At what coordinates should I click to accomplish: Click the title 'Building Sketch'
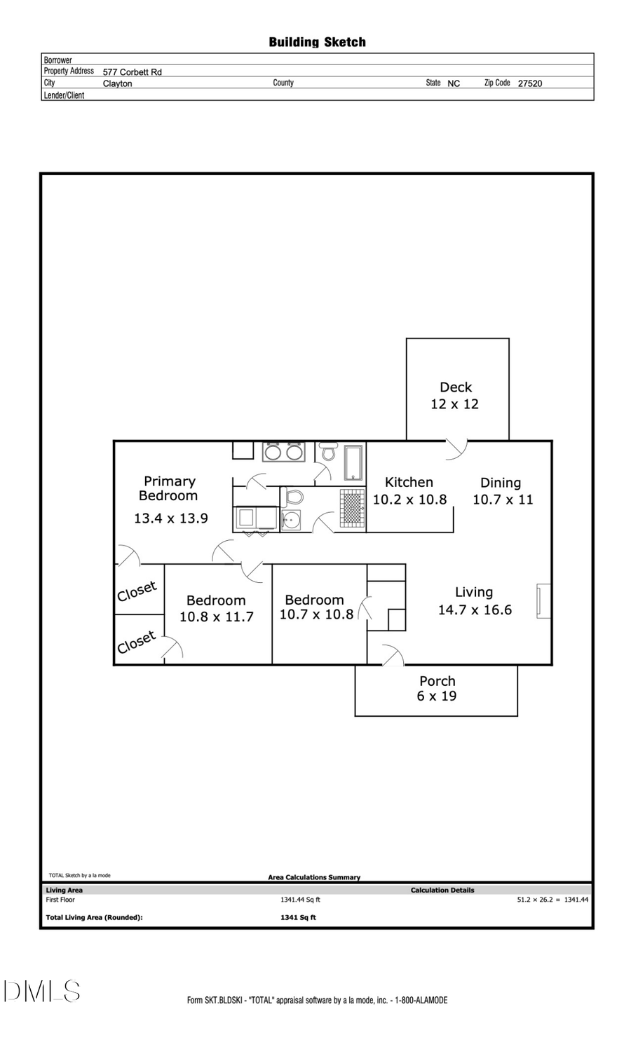pyautogui.click(x=317, y=42)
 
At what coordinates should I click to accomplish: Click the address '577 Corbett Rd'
pyautogui.click(x=132, y=72)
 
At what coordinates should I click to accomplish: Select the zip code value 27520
pyautogui.click(x=529, y=83)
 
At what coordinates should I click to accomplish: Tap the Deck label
pyautogui.click(x=456, y=387)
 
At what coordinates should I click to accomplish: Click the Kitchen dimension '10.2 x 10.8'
pyautogui.click(x=409, y=500)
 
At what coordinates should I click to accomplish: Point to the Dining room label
pyautogui.click(x=501, y=483)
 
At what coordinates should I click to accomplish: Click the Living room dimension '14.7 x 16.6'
pyautogui.click(x=475, y=610)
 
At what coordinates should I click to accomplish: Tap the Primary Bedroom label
pyautogui.click(x=169, y=488)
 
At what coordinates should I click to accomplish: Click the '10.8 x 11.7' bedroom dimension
pyautogui.click(x=216, y=617)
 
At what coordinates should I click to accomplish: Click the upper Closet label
pyautogui.click(x=137, y=591)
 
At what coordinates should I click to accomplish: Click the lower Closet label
pyautogui.click(x=136, y=642)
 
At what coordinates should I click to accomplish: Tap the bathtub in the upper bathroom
pyautogui.click(x=353, y=462)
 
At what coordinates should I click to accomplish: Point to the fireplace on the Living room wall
pyautogui.click(x=543, y=601)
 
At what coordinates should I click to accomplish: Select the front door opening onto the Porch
pyautogui.click(x=392, y=656)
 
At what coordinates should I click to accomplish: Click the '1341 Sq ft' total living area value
pyautogui.click(x=298, y=918)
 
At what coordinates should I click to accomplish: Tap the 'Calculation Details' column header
pyautogui.click(x=442, y=890)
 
